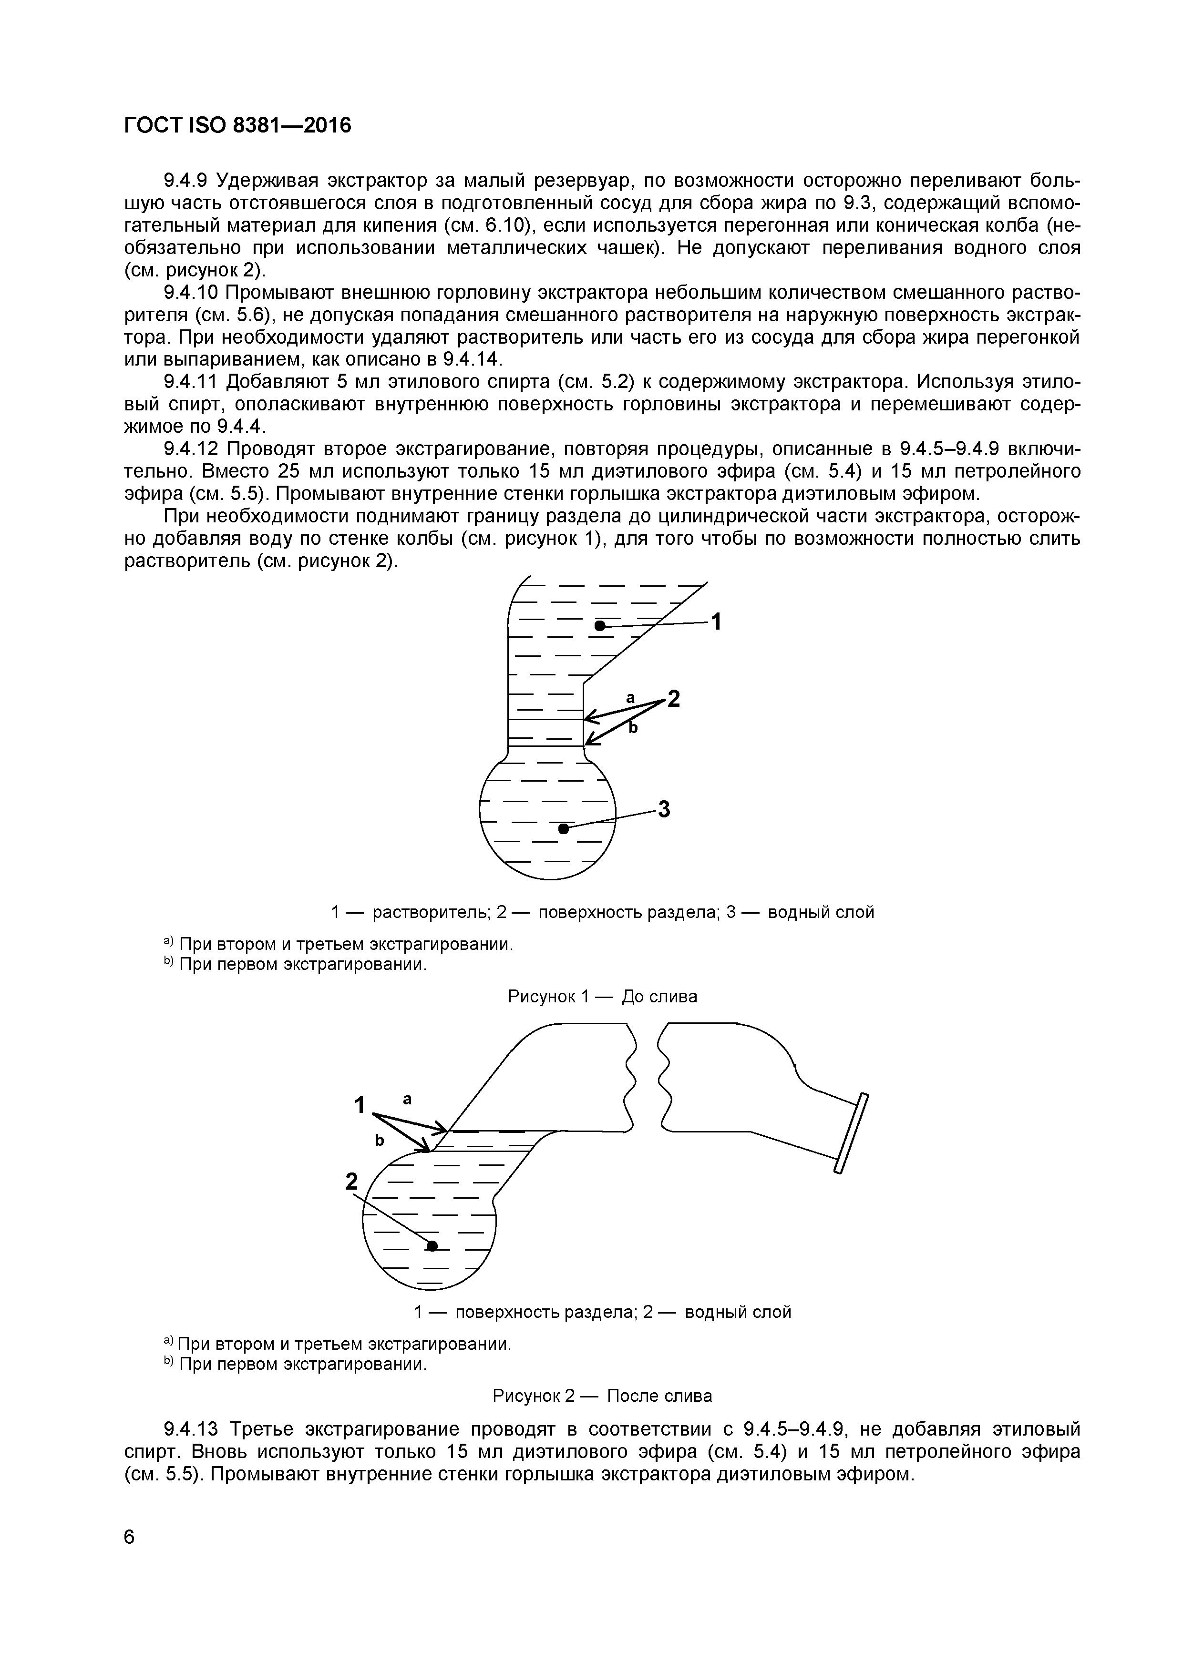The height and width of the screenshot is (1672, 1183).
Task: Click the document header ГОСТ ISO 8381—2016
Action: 237,126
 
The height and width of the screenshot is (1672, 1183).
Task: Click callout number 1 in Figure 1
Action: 716,622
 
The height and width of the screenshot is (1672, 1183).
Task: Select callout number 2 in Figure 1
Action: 674,699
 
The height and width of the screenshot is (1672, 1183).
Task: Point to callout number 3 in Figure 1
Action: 664,809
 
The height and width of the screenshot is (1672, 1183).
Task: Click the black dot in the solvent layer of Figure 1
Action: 599,625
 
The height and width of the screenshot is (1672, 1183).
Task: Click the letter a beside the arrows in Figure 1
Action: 631,698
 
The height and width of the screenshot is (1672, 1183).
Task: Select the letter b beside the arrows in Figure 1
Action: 633,727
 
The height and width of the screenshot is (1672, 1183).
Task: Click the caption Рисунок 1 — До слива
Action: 602,996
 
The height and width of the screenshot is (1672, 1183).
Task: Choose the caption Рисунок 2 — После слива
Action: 602,1395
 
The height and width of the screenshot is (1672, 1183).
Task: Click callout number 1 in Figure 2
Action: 359,1105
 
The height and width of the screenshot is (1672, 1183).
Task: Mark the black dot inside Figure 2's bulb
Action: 432,1246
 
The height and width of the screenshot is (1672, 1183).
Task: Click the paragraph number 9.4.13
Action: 191,1429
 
